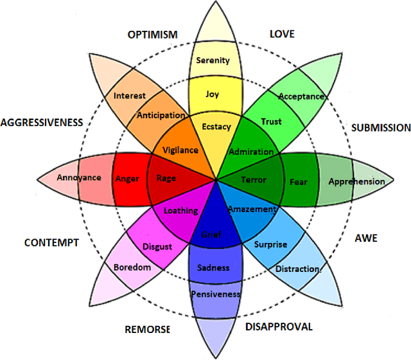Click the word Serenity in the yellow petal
[x=213, y=60]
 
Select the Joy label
[x=213, y=94]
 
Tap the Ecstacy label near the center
[x=216, y=127]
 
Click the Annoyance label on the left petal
[x=78, y=177]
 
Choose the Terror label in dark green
[x=253, y=179]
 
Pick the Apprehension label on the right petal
[x=356, y=181]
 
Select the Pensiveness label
[x=215, y=294]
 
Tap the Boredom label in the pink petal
[x=131, y=267]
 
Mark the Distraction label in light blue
[x=297, y=269]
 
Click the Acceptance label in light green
[x=301, y=96]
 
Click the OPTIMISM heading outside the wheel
[x=152, y=34]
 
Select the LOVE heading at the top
[x=282, y=34]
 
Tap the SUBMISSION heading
[x=381, y=128]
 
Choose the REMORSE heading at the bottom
[x=147, y=330]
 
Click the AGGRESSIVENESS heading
[x=42, y=122]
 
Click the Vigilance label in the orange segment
[x=180, y=150]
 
